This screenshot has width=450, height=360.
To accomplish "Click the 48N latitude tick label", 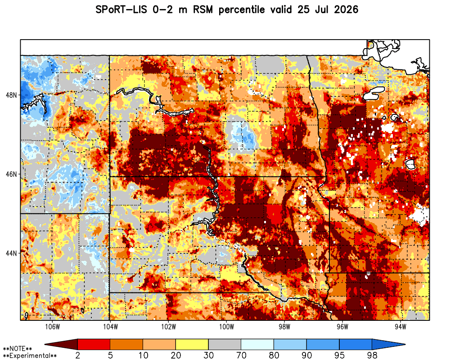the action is point(11,95).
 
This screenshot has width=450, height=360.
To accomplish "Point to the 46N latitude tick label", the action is point(11,174).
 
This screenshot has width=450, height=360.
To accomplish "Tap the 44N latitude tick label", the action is point(11,253).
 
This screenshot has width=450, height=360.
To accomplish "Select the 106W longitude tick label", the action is point(53,327).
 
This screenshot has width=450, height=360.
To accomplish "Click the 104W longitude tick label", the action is point(111,327).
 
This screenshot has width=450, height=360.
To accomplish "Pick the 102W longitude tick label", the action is point(168,327).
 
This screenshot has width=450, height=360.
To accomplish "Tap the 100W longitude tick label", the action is point(226,327).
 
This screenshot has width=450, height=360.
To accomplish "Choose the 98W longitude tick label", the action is point(284,327).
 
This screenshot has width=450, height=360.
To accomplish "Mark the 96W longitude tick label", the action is point(342,327).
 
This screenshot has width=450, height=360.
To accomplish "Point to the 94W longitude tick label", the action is point(400,327).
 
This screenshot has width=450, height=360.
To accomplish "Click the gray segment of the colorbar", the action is point(225,344).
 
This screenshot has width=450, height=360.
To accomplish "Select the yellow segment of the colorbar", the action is point(192,344).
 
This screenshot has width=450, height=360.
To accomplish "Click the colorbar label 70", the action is point(241,355).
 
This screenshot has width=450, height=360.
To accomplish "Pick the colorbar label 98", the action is point(372,355).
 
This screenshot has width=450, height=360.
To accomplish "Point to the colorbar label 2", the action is point(78,355).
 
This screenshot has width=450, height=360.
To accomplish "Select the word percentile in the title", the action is point(242,10).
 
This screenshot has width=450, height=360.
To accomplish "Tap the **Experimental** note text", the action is point(30,356).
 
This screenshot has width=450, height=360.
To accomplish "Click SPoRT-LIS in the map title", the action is point(121,10).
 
